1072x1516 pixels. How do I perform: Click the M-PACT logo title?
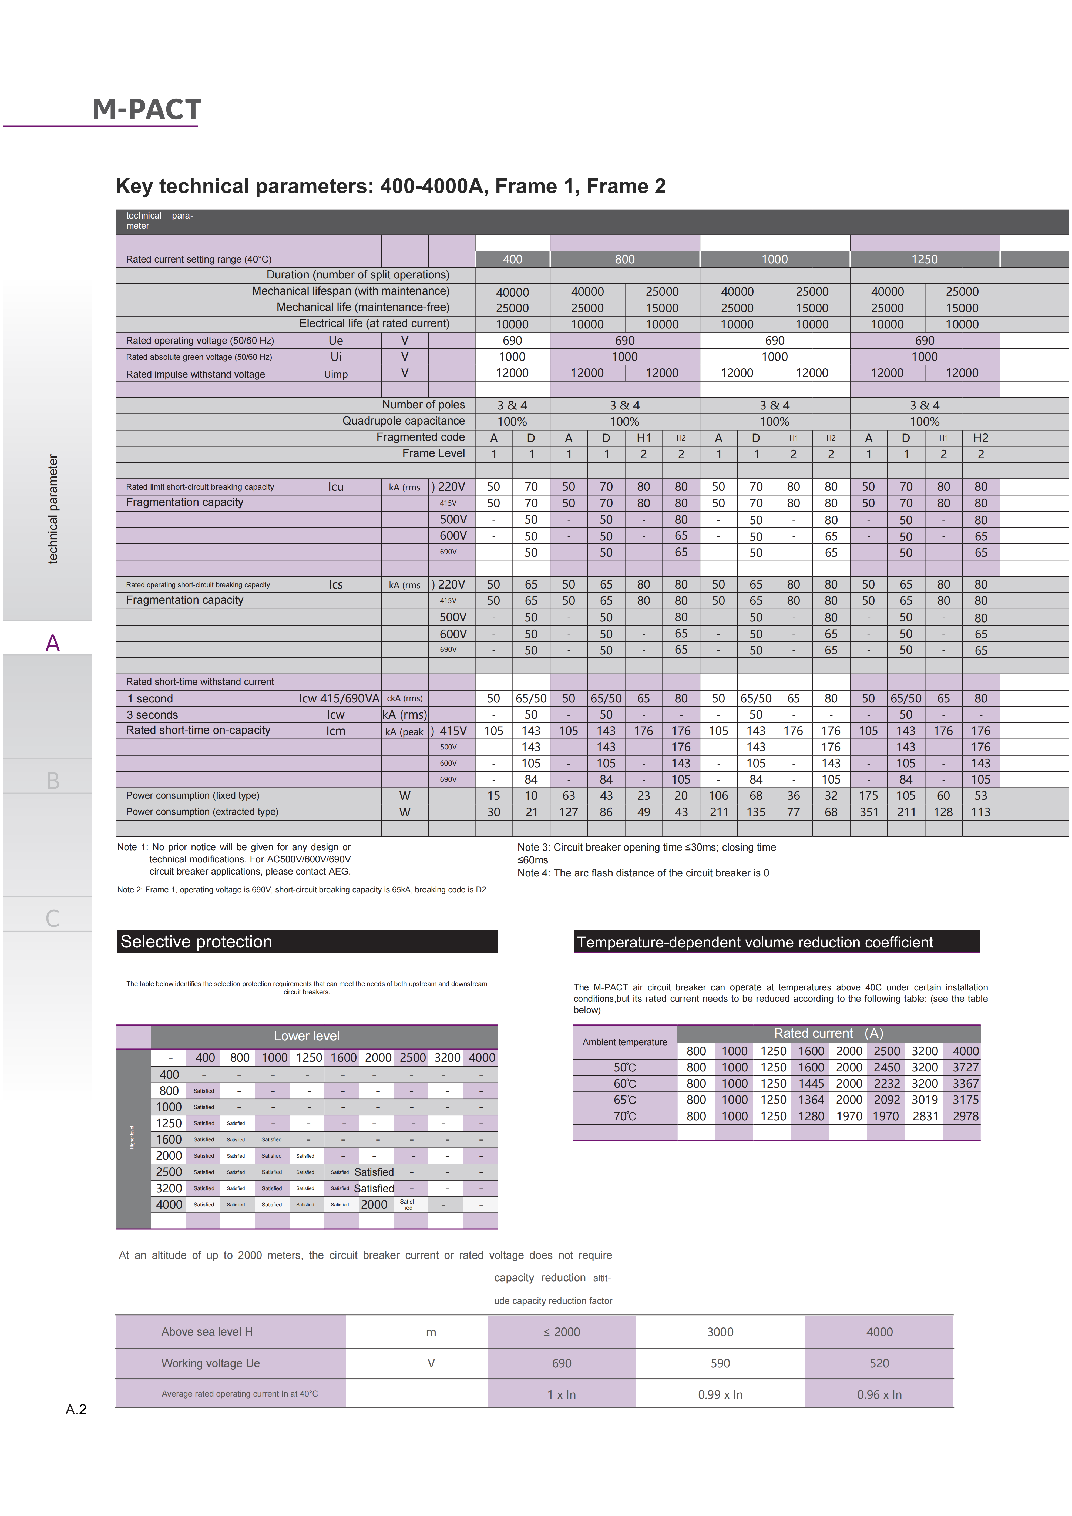coord(147,110)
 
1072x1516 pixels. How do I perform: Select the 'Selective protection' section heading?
coord(196,942)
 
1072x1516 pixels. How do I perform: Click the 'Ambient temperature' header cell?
coord(624,1042)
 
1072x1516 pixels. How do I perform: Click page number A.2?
coord(76,1410)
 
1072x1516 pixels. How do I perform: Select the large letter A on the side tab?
coord(53,643)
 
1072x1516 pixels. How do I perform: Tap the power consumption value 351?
coord(869,812)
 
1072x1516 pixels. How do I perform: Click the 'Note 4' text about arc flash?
coord(643,873)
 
